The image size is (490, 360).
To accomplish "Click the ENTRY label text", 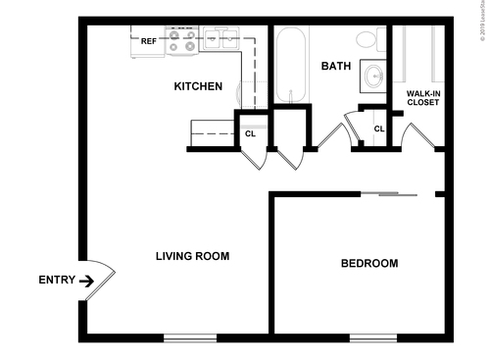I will click(56, 281).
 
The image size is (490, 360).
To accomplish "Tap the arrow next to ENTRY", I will click(86, 281).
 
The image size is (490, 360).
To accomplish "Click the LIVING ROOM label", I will click(192, 257).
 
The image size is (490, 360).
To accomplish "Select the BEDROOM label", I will click(368, 263).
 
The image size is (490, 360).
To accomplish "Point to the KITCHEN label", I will click(198, 86).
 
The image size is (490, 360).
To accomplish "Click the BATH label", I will click(336, 67).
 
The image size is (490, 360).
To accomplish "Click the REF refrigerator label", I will click(148, 41).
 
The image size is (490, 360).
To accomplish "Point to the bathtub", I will click(291, 64).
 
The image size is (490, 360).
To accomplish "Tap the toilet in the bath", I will click(367, 39).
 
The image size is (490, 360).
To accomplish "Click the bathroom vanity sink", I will click(372, 75).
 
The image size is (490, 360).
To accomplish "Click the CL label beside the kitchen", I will click(250, 134).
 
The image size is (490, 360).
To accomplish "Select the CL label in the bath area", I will click(378, 129).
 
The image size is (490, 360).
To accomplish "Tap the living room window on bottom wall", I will click(189, 338).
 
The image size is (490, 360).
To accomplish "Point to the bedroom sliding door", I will click(390, 194).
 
